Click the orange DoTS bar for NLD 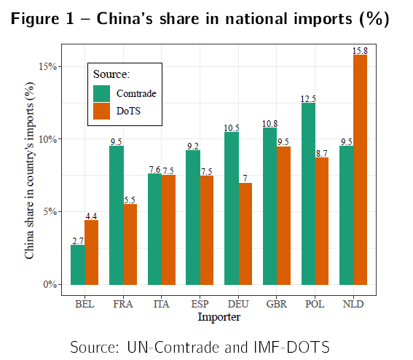(x=360, y=170)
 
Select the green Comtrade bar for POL (x=307, y=194)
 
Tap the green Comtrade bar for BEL (x=78, y=265)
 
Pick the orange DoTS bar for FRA (x=130, y=244)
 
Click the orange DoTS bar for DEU (x=245, y=233)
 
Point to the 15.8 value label (x=360, y=50)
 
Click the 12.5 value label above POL (x=307, y=98)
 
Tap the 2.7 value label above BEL (x=78, y=240)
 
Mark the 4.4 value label (x=92, y=216)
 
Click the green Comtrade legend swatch (x=102, y=93)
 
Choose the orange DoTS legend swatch (x=102, y=111)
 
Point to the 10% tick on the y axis (x=48, y=139)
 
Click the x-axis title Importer (x=219, y=317)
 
